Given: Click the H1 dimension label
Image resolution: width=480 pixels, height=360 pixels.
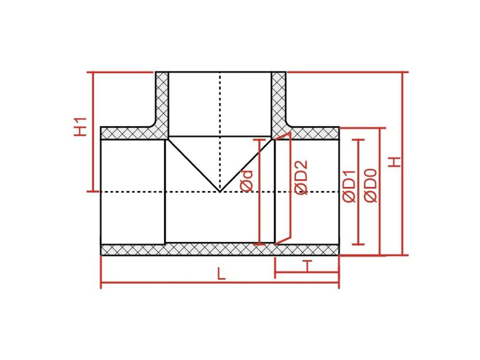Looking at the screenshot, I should tap(81, 127).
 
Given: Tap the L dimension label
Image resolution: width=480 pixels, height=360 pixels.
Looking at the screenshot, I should tap(221, 274).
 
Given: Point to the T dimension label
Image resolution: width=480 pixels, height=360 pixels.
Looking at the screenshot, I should tap(307, 266).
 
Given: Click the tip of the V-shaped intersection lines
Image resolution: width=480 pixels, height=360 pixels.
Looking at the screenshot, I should tap(219, 191).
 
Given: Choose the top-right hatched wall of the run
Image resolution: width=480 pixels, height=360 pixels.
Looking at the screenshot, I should tap(314, 133).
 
